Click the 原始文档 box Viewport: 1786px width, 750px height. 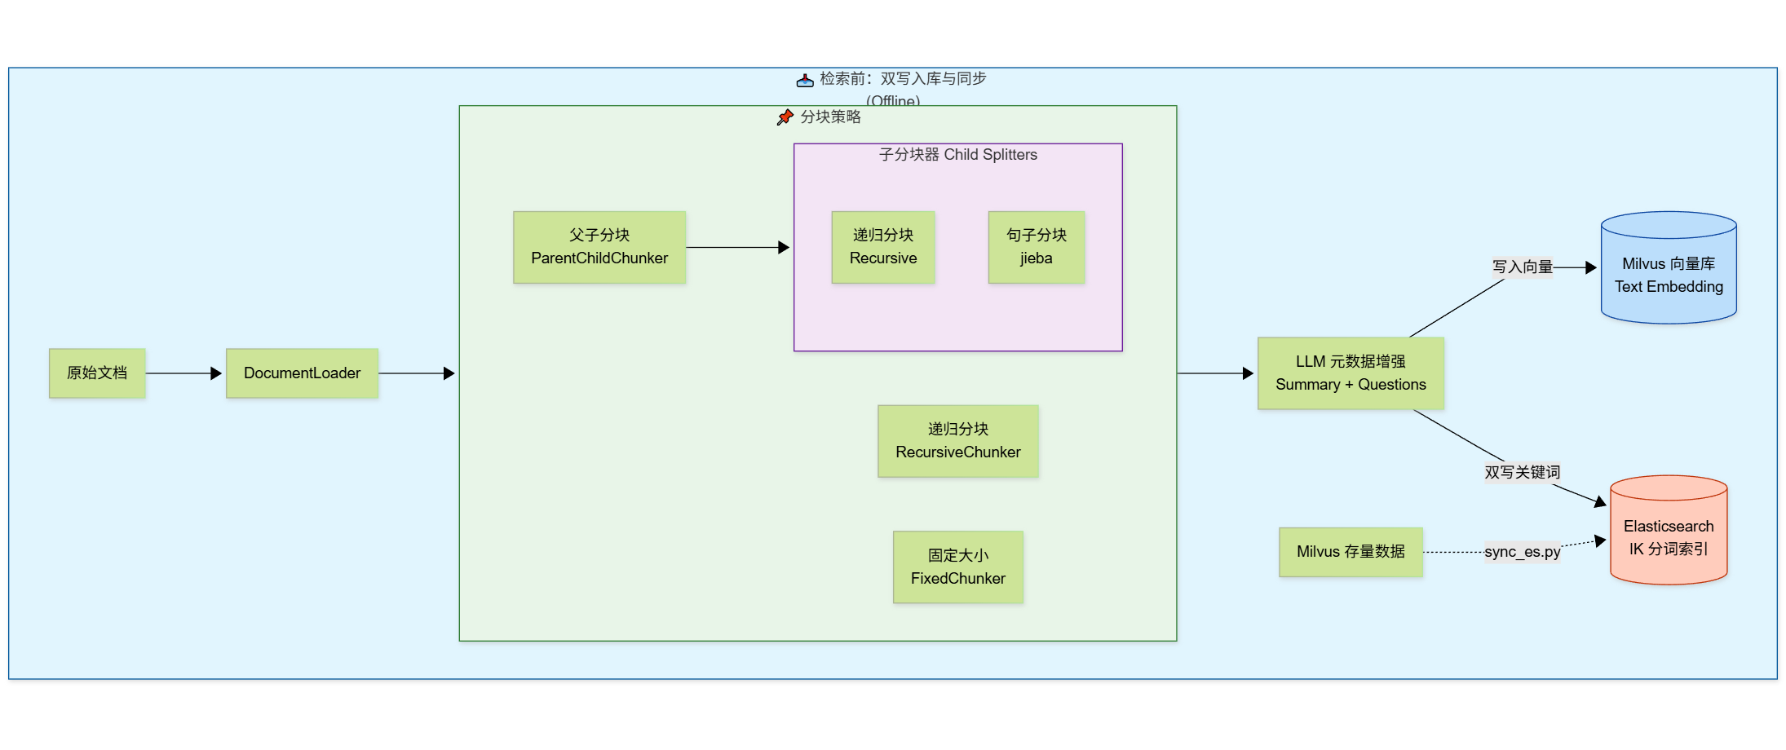click(x=97, y=373)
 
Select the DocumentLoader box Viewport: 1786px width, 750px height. click(x=302, y=373)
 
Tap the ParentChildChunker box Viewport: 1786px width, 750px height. click(x=599, y=247)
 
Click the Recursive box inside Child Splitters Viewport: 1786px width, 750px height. click(x=883, y=247)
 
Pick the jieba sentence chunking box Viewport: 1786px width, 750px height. click(x=1037, y=247)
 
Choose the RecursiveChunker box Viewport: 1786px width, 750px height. click(x=958, y=441)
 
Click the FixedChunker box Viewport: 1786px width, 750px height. click(x=958, y=567)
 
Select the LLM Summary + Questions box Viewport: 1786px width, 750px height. click(x=1351, y=373)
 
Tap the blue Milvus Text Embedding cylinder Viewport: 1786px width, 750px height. click(x=1669, y=269)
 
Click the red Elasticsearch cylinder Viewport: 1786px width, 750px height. click(x=1669, y=532)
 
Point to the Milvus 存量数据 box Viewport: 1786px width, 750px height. click(x=1351, y=552)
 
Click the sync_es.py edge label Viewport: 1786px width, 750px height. click(x=1522, y=552)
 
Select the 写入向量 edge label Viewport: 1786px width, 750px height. click(x=1522, y=267)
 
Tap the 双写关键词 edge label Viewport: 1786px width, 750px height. click(x=1522, y=472)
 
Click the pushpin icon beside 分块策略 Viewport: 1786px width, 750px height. click(x=785, y=117)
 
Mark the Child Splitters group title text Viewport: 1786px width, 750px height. click(x=958, y=155)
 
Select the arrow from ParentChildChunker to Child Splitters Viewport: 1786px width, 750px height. click(x=738, y=247)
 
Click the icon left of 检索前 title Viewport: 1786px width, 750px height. click(x=805, y=80)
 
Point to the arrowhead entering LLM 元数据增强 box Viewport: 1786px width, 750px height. click(x=1248, y=373)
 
